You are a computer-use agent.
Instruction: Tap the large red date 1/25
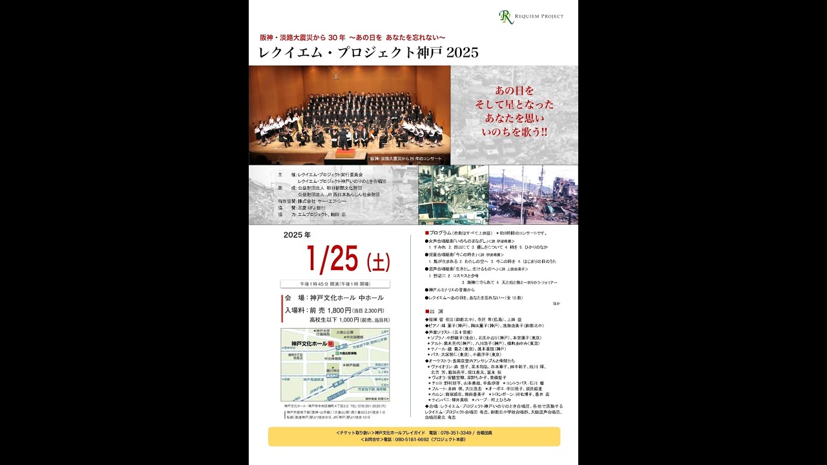(333, 260)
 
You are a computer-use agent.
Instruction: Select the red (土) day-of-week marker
(379, 262)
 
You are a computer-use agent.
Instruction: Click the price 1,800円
(339, 310)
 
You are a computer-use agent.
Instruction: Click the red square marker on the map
(331, 344)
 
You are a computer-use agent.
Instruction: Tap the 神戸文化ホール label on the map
(309, 344)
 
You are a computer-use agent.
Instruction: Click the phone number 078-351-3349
(456, 432)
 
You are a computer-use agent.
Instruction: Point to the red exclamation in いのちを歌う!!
(543, 132)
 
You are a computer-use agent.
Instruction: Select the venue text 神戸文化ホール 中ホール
(346, 298)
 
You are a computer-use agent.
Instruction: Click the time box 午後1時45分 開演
(335, 284)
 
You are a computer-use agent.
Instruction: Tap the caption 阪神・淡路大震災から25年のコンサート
(406, 158)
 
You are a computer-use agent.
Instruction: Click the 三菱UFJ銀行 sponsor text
(312, 208)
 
